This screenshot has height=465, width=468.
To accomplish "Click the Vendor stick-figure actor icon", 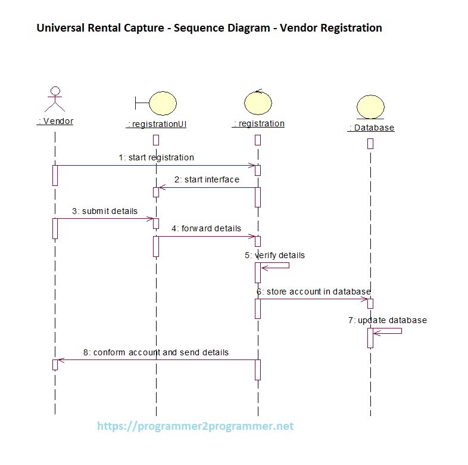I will [x=55, y=100].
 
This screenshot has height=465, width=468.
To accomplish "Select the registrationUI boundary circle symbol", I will [x=162, y=103].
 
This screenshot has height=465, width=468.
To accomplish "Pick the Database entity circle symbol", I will [x=371, y=107].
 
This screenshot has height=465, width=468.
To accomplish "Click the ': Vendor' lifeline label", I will [x=55, y=121].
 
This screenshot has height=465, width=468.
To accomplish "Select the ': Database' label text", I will [x=371, y=128].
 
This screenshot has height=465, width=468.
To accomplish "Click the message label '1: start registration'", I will [x=156, y=157].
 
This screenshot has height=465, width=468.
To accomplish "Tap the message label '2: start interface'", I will [x=207, y=179].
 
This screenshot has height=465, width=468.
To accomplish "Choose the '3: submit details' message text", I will [x=105, y=211].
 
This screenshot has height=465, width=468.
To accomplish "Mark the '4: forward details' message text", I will [x=207, y=228].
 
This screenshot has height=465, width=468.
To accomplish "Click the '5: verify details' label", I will [x=274, y=255].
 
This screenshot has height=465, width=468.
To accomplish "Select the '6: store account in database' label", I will [x=314, y=292].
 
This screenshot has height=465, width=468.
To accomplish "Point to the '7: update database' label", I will [x=388, y=320].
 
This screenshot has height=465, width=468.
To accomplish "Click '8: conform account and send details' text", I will [x=155, y=352].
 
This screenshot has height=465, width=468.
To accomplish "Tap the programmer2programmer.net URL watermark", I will [x=195, y=427].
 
